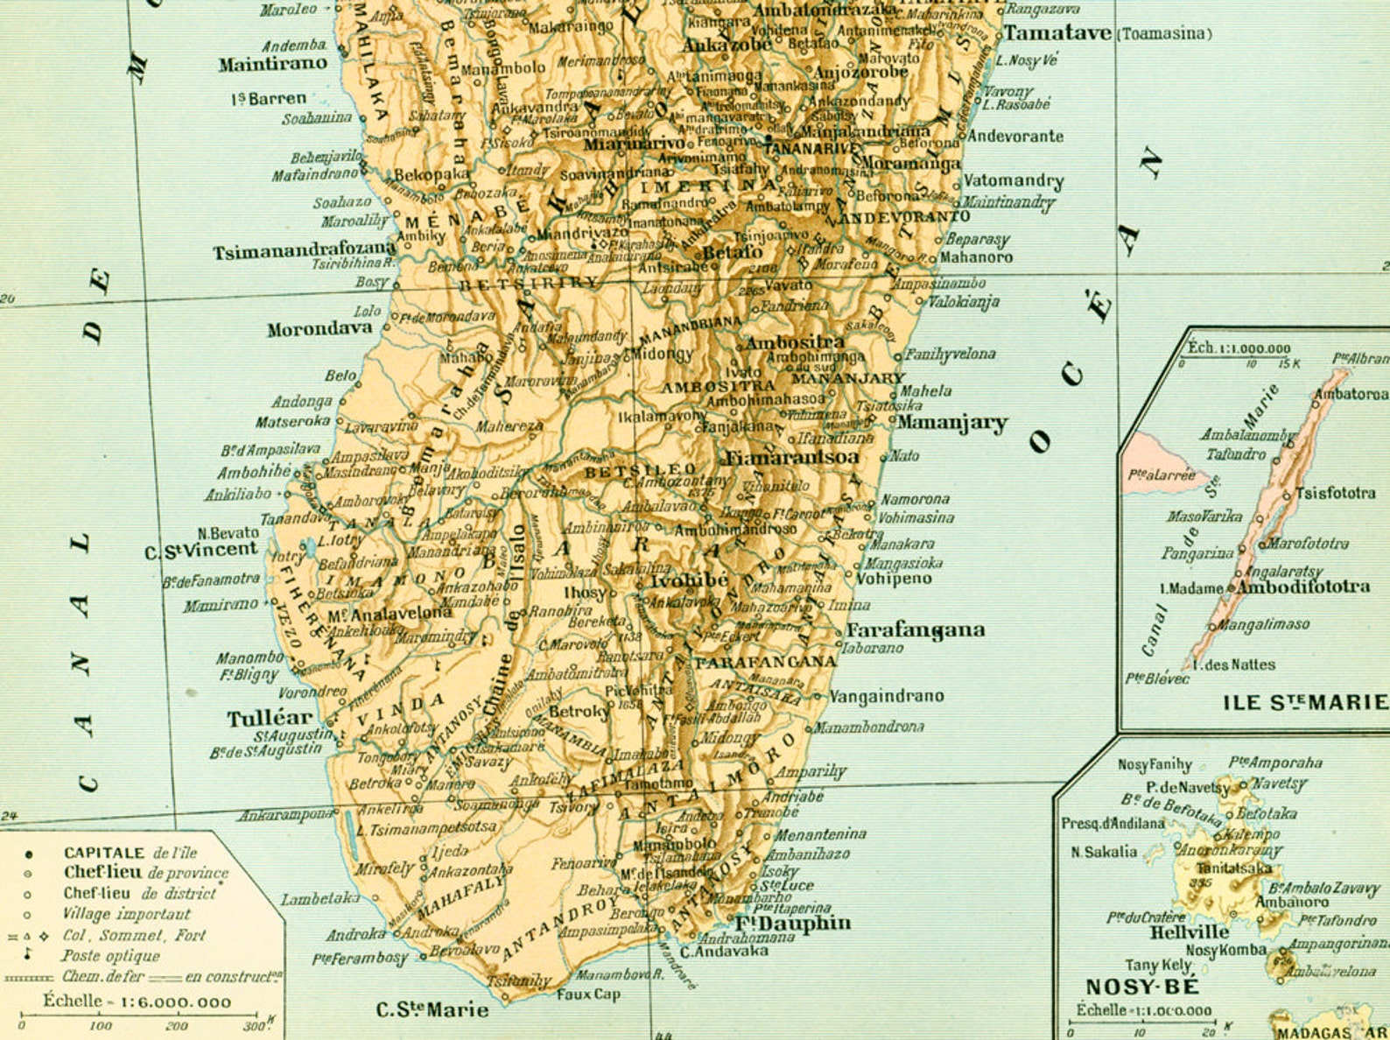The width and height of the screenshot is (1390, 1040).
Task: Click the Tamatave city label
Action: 1057,33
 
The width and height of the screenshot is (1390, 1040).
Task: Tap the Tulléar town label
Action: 269,719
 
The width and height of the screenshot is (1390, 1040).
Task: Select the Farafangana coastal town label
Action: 915,630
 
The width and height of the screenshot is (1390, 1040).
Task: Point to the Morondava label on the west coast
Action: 319,330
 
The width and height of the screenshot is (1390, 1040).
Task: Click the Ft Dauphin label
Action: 792,923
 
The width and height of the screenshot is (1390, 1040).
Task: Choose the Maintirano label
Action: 272,64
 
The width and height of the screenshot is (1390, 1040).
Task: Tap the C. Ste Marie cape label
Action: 432,1009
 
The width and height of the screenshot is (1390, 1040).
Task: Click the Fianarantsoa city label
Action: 791,457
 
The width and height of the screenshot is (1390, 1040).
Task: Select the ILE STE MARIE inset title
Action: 1304,702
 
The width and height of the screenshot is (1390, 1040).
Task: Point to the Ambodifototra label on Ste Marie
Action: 1303,587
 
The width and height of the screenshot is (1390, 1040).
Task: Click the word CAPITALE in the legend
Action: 104,853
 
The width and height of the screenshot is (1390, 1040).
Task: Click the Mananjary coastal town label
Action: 951,423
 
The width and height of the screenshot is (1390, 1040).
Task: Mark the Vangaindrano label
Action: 886,697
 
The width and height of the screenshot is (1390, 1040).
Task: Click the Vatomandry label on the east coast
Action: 1013,181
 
